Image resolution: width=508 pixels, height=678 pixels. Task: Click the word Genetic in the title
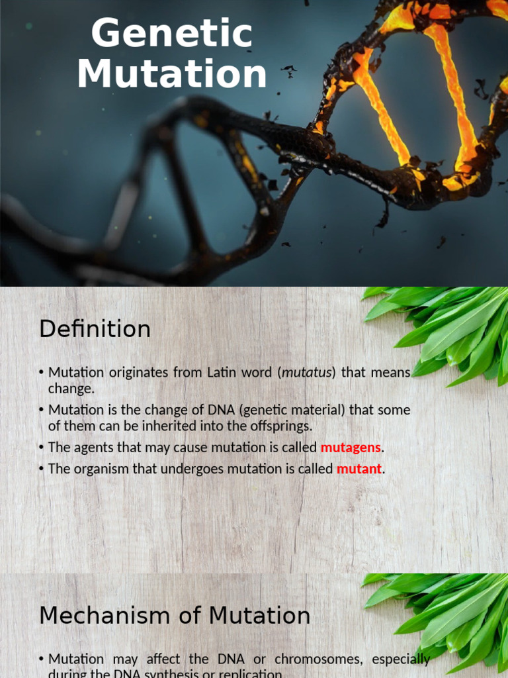172,35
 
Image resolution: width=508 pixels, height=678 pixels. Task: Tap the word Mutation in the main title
172,74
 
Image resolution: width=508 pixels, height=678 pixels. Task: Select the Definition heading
95,329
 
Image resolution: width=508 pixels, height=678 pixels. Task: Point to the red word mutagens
351,448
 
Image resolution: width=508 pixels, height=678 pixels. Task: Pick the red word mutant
359,469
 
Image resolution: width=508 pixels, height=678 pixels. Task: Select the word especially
401,659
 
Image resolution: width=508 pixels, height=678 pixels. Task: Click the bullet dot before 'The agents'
42,448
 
